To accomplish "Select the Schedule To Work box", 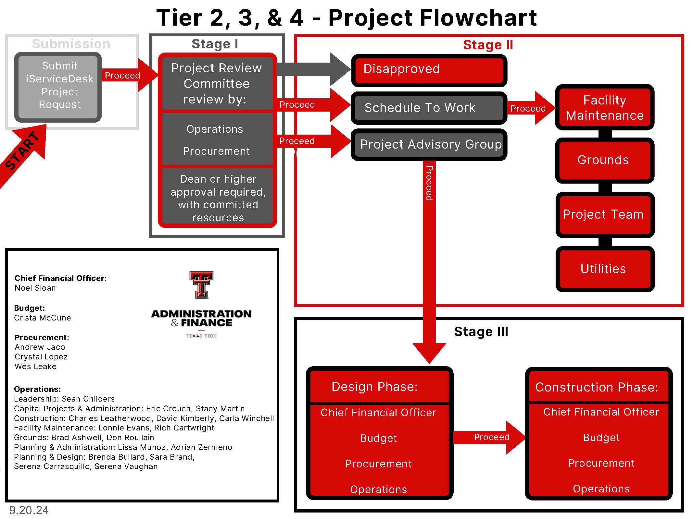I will click(429, 108).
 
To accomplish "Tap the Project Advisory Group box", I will click(429, 144).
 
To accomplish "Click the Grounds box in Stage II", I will click(604, 160).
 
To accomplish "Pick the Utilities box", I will click(604, 269).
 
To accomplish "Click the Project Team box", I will click(604, 214).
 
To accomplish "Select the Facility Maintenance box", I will click(604, 107).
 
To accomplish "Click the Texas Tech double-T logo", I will click(201, 284).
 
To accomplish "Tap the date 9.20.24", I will click(29, 510).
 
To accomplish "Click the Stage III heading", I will click(481, 332).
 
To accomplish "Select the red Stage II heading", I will click(487, 45).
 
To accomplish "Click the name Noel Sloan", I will click(35, 288).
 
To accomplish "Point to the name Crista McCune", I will click(43, 318).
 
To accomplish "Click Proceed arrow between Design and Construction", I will click(490, 437).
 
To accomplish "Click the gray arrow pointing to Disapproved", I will click(312, 69).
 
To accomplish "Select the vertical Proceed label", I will click(429, 183).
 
